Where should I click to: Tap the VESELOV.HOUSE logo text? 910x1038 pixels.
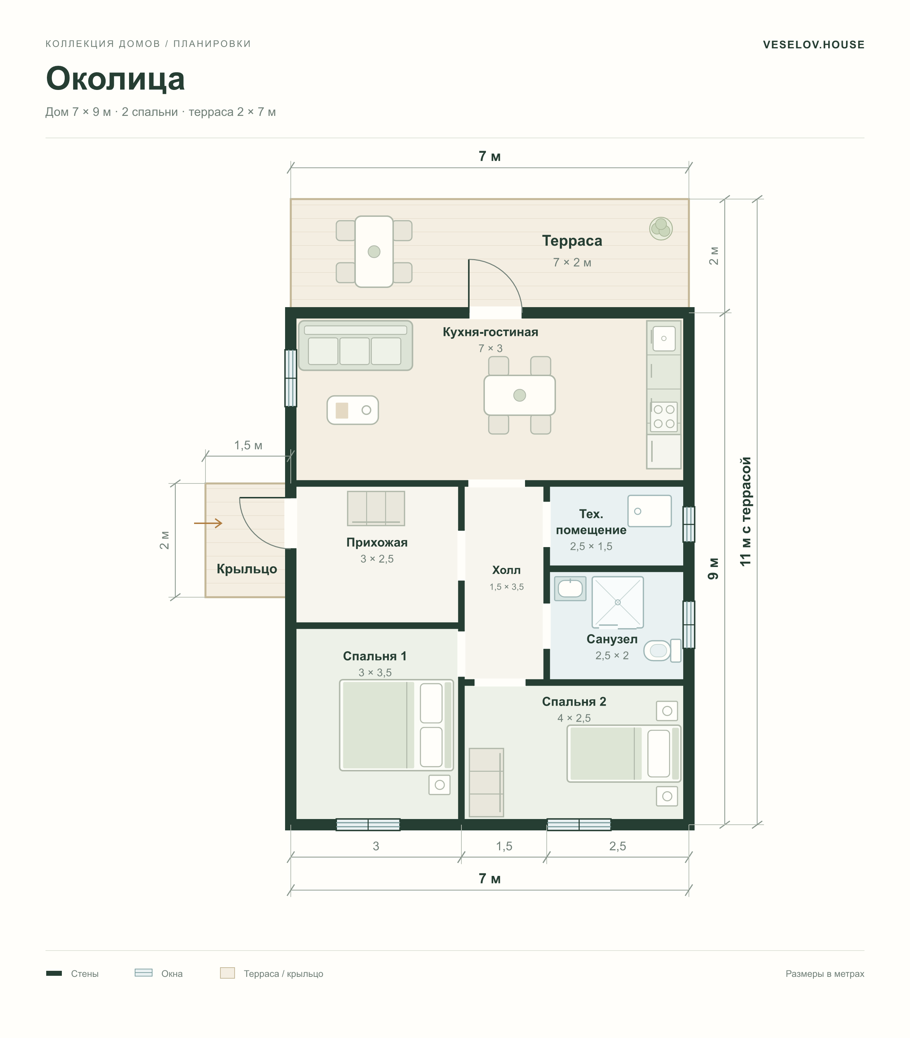click(814, 45)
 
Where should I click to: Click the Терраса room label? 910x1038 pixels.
click(572, 241)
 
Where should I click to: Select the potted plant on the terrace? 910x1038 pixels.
click(661, 229)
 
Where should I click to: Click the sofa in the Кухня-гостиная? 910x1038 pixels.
click(355, 345)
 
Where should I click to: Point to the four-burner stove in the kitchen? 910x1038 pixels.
click(664, 416)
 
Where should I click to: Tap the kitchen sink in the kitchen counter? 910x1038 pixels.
click(664, 338)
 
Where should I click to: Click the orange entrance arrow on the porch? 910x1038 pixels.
click(208, 523)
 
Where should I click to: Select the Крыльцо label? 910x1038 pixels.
click(247, 569)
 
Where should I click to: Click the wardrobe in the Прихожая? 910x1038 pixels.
click(376, 508)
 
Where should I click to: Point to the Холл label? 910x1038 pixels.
click(506, 570)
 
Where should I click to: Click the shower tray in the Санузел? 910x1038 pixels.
click(617, 602)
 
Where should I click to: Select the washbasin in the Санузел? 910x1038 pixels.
click(570, 589)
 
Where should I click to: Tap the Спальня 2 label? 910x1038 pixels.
click(574, 701)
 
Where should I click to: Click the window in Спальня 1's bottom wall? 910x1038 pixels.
click(368, 825)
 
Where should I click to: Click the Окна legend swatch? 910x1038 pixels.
click(143, 973)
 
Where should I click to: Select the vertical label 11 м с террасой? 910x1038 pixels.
click(745, 512)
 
